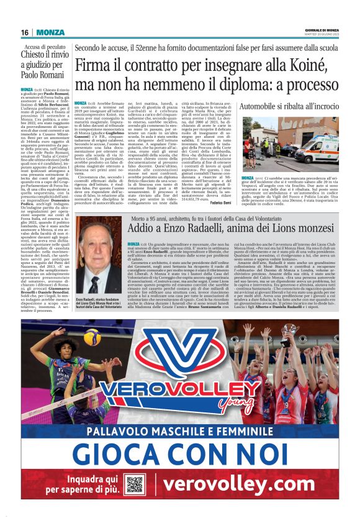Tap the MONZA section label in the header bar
point(50,32)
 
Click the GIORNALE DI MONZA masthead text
point(322,29)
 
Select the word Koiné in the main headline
point(282,65)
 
